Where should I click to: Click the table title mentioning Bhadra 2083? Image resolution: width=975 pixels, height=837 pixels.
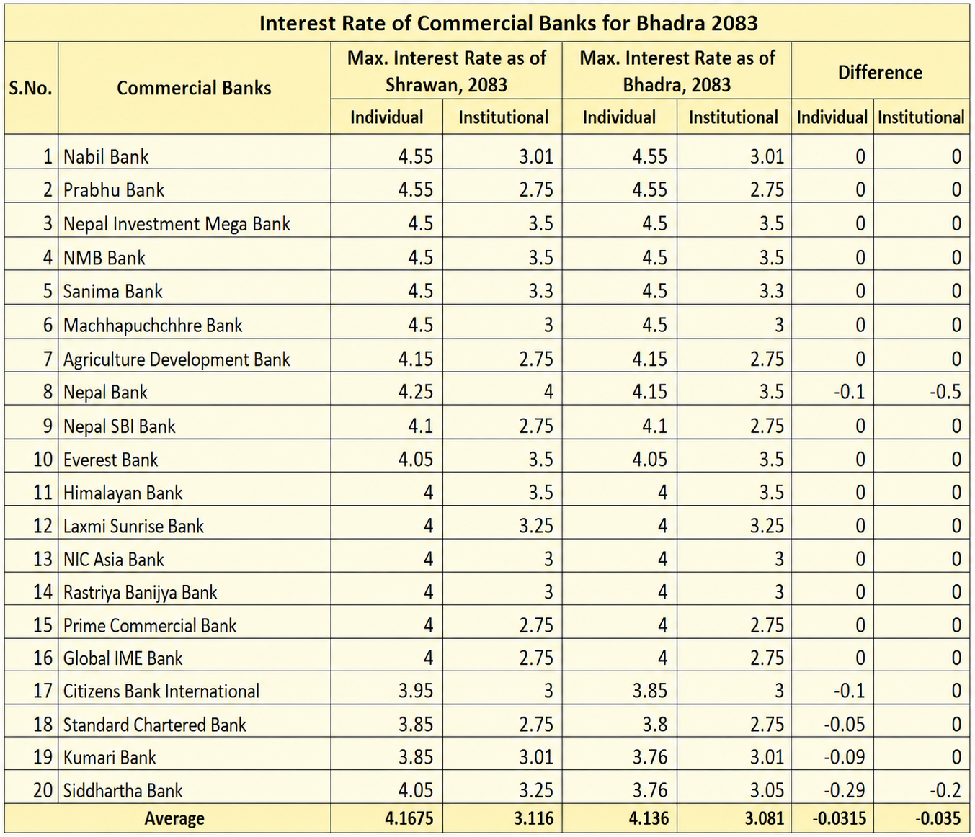[x=509, y=22]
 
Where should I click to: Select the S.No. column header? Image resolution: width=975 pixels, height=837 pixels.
[x=31, y=88]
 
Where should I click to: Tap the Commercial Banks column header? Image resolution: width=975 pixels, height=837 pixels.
[x=194, y=88]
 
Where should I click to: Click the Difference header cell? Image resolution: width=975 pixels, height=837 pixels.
[x=880, y=73]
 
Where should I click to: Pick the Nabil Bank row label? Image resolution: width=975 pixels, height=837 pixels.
[x=106, y=156]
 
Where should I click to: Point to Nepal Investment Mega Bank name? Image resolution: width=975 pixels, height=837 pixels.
[x=177, y=224]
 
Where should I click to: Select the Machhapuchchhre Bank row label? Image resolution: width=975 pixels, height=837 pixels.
[x=153, y=326]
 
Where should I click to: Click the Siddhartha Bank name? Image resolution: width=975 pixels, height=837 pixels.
[x=123, y=791]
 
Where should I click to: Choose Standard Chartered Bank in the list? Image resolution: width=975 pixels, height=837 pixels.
[x=155, y=725]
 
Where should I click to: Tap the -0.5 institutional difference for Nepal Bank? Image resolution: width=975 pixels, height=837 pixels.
[x=945, y=392]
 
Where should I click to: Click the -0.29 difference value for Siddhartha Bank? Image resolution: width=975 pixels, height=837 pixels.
[x=845, y=791]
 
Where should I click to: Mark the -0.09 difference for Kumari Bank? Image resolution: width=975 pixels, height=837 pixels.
[x=845, y=757]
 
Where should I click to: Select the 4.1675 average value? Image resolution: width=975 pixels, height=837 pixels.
[x=409, y=818]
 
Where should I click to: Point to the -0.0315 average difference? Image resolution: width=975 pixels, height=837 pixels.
[x=839, y=818]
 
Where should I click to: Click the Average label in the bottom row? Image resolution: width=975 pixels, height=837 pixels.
[x=174, y=818]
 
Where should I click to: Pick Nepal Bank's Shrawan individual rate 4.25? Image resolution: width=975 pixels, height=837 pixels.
[x=416, y=392]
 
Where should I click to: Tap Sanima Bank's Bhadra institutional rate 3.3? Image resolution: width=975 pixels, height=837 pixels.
[x=772, y=291]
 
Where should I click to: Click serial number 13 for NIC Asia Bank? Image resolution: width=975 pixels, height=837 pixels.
[x=43, y=559]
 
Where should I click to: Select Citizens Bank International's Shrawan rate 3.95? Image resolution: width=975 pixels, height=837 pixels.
[x=416, y=691]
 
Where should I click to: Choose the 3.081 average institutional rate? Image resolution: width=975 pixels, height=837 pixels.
[x=765, y=818]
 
